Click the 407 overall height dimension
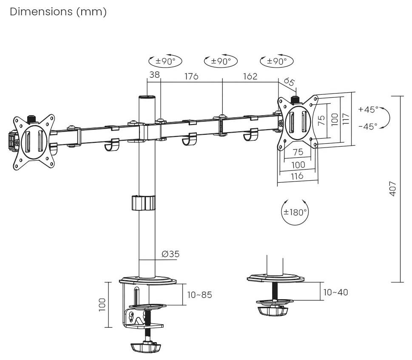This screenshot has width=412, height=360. pyautogui.click(x=392, y=188)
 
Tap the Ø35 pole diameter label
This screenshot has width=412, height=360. pyautogui.click(x=170, y=254)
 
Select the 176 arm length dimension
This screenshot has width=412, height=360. pyautogui.click(x=191, y=76)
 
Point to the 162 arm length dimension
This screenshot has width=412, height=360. pyautogui.click(x=250, y=76)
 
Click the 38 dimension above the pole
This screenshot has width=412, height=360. pyautogui.click(x=154, y=74)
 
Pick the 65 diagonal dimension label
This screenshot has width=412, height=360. pyautogui.click(x=289, y=82)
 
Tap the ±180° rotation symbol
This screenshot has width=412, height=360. pyautogui.click(x=295, y=212)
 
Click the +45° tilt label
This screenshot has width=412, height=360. pyautogui.click(x=368, y=109)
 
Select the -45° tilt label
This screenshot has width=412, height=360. pyautogui.click(x=368, y=127)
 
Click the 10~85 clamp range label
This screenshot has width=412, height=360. pyautogui.click(x=200, y=295)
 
